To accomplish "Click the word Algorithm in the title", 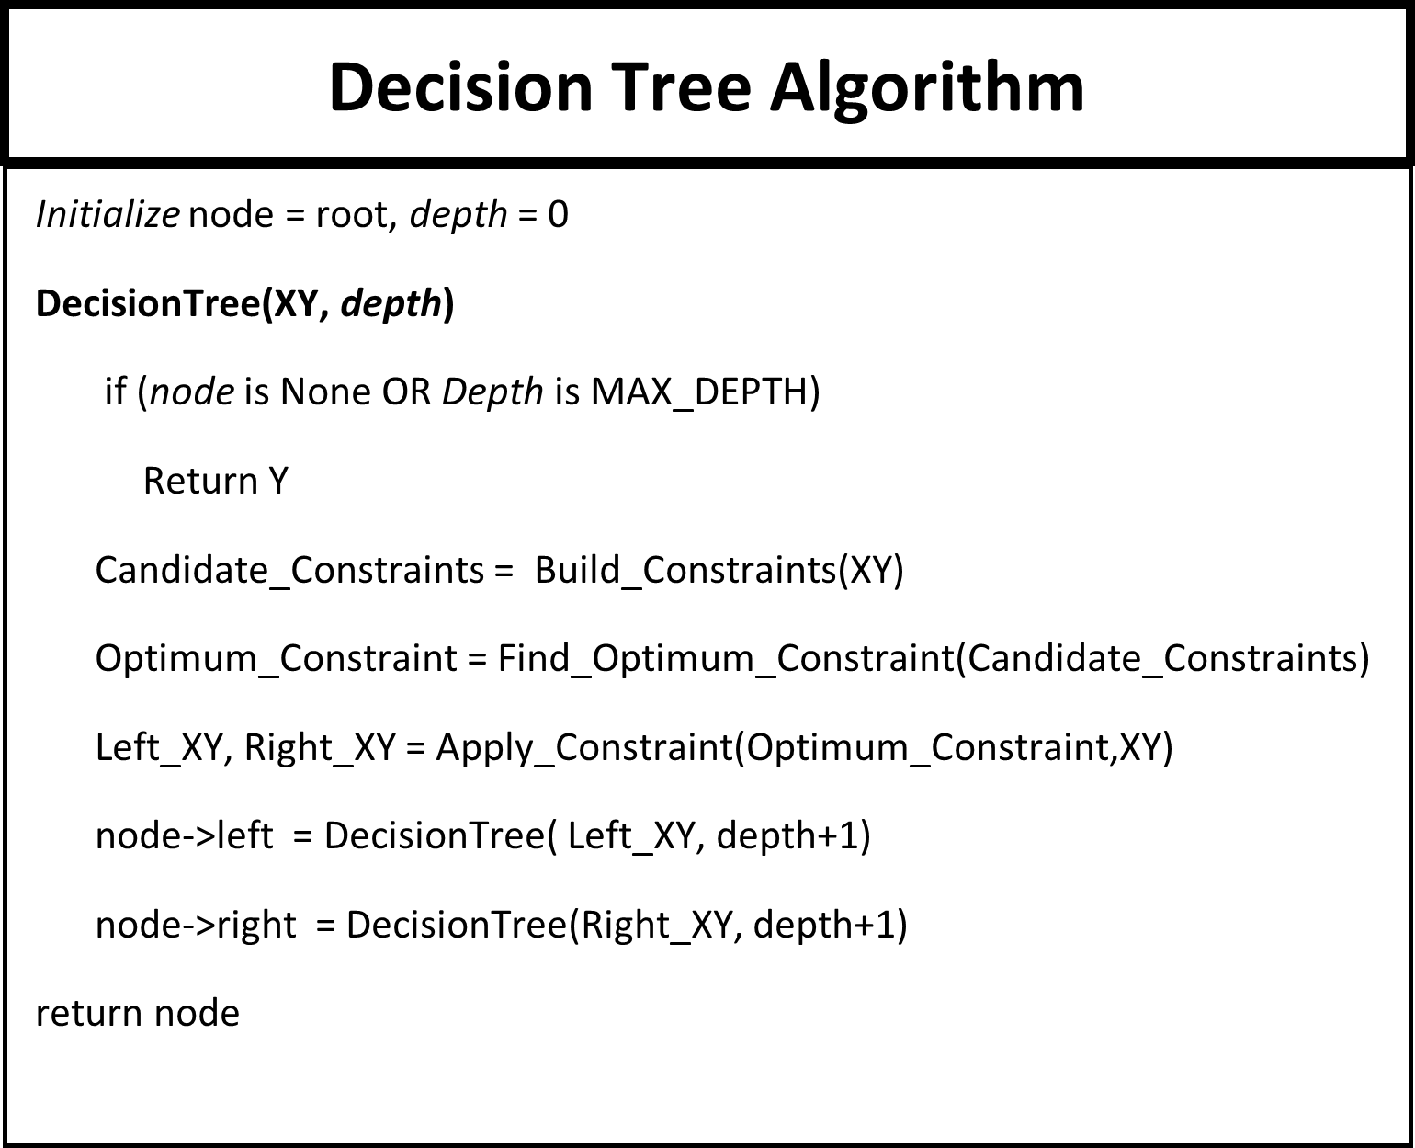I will pos(927,88).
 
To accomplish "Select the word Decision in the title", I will pos(460,88).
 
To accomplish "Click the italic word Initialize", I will pos(108,215).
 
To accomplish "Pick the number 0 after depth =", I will pos(558,215).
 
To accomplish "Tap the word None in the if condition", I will pos(324,392).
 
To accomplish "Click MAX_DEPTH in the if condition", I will pos(697,392).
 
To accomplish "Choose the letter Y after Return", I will pos(277,481).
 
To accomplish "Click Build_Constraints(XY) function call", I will pos(719,570).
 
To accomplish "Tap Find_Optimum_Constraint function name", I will pos(726,658).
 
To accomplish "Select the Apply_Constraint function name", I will pos(583,747).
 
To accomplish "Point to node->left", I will pos(184,835).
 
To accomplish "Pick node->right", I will pos(196,925).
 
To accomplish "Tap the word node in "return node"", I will pos(197,1013).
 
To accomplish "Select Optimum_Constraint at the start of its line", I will pos(276,658).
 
